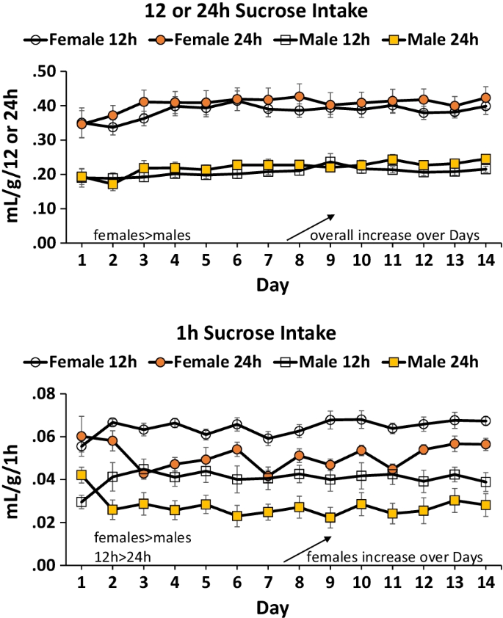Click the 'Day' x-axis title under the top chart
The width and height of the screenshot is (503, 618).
[x=273, y=283]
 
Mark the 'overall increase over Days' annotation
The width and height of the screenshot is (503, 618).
[x=395, y=236]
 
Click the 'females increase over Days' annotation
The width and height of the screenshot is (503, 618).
[x=395, y=557]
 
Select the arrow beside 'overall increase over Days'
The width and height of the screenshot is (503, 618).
[x=310, y=227]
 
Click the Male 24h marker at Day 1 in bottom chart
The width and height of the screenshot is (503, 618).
[x=81, y=475]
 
